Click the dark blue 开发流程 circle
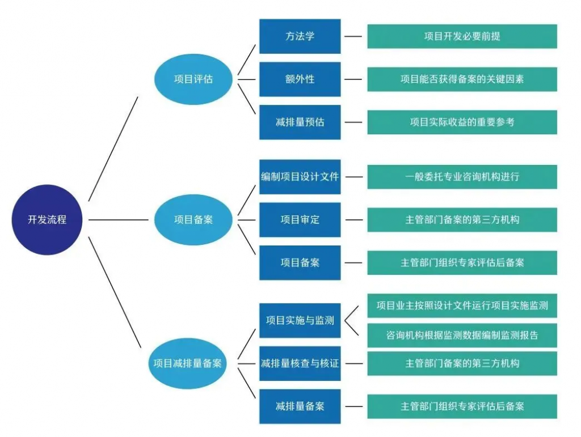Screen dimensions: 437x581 [x=47, y=219]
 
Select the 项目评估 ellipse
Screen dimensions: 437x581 [x=193, y=79]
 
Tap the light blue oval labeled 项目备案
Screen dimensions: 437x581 [x=193, y=219]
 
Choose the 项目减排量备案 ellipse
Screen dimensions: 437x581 [x=187, y=363]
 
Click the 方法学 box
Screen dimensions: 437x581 [x=300, y=36]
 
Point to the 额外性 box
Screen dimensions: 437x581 [x=300, y=79]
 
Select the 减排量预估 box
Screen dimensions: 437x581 [x=300, y=122]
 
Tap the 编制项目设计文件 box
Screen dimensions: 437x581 [x=300, y=176]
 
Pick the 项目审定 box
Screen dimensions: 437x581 [x=300, y=219]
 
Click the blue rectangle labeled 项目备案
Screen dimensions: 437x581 [x=300, y=262]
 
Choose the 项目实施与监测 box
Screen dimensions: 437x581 [x=300, y=320]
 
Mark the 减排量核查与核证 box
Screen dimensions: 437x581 [x=300, y=363]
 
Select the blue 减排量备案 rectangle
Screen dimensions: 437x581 [x=300, y=406]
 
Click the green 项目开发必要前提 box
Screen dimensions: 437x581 [x=462, y=36]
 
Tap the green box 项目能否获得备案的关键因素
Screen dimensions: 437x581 [x=462, y=79]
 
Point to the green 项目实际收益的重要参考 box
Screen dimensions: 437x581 [x=462, y=122]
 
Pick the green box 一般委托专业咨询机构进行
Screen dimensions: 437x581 [x=462, y=176]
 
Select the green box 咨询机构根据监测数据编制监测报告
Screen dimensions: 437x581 [x=462, y=335]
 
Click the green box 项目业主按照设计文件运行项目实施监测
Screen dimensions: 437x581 [x=462, y=306]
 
